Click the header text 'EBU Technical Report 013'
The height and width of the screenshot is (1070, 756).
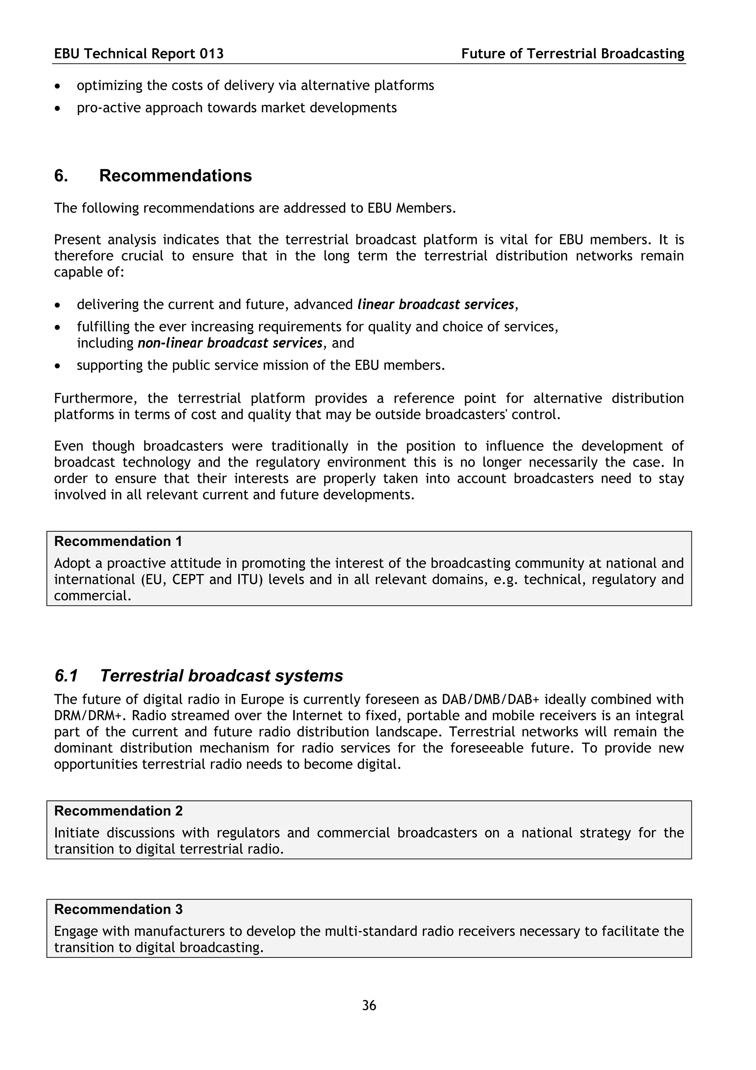point(139,54)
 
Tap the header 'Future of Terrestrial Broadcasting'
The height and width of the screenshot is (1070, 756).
point(573,54)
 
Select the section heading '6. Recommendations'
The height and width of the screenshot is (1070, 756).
point(153,176)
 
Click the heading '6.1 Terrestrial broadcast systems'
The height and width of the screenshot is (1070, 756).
point(199,675)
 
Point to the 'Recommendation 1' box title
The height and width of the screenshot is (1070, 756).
point(118,541)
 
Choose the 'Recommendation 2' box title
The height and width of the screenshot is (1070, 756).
point(118,811)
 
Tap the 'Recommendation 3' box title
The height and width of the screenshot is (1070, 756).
point(118,909)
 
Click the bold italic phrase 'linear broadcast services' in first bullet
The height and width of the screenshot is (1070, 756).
point(436,304)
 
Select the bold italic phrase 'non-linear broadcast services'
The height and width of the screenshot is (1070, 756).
point(230,343)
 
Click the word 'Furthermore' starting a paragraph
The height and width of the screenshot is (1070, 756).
point(96,398)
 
